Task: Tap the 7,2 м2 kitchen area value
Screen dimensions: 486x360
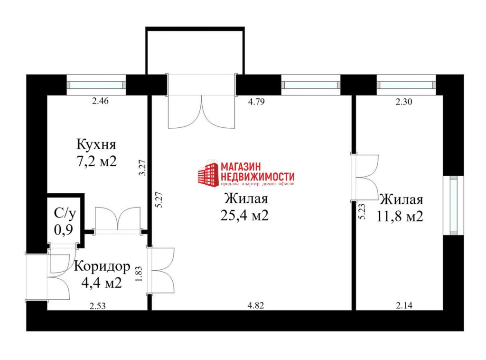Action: point(96,161)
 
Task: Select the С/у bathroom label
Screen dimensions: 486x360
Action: point(65,213)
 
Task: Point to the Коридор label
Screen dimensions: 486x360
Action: point(102,266)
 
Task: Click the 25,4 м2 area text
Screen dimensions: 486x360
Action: point(244,215)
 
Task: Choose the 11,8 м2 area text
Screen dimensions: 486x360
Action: point(400,216)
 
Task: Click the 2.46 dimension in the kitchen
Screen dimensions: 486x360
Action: point(101,101)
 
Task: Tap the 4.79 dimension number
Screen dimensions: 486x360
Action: point(256,101)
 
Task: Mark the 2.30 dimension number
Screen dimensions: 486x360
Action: point(404,101)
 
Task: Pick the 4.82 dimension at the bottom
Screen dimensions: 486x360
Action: point(256,305)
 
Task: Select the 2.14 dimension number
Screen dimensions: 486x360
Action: point(404,305)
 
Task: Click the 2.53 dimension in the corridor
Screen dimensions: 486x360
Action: point(98,306)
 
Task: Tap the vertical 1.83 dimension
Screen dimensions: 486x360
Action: point(139,274)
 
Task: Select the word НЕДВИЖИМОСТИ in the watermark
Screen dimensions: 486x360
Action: point(258,177)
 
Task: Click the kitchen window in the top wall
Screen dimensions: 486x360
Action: point(96,85)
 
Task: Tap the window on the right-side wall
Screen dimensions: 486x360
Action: point(453,206)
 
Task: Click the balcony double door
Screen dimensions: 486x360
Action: point(201,101)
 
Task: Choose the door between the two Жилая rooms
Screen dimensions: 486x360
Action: point(364,177)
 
